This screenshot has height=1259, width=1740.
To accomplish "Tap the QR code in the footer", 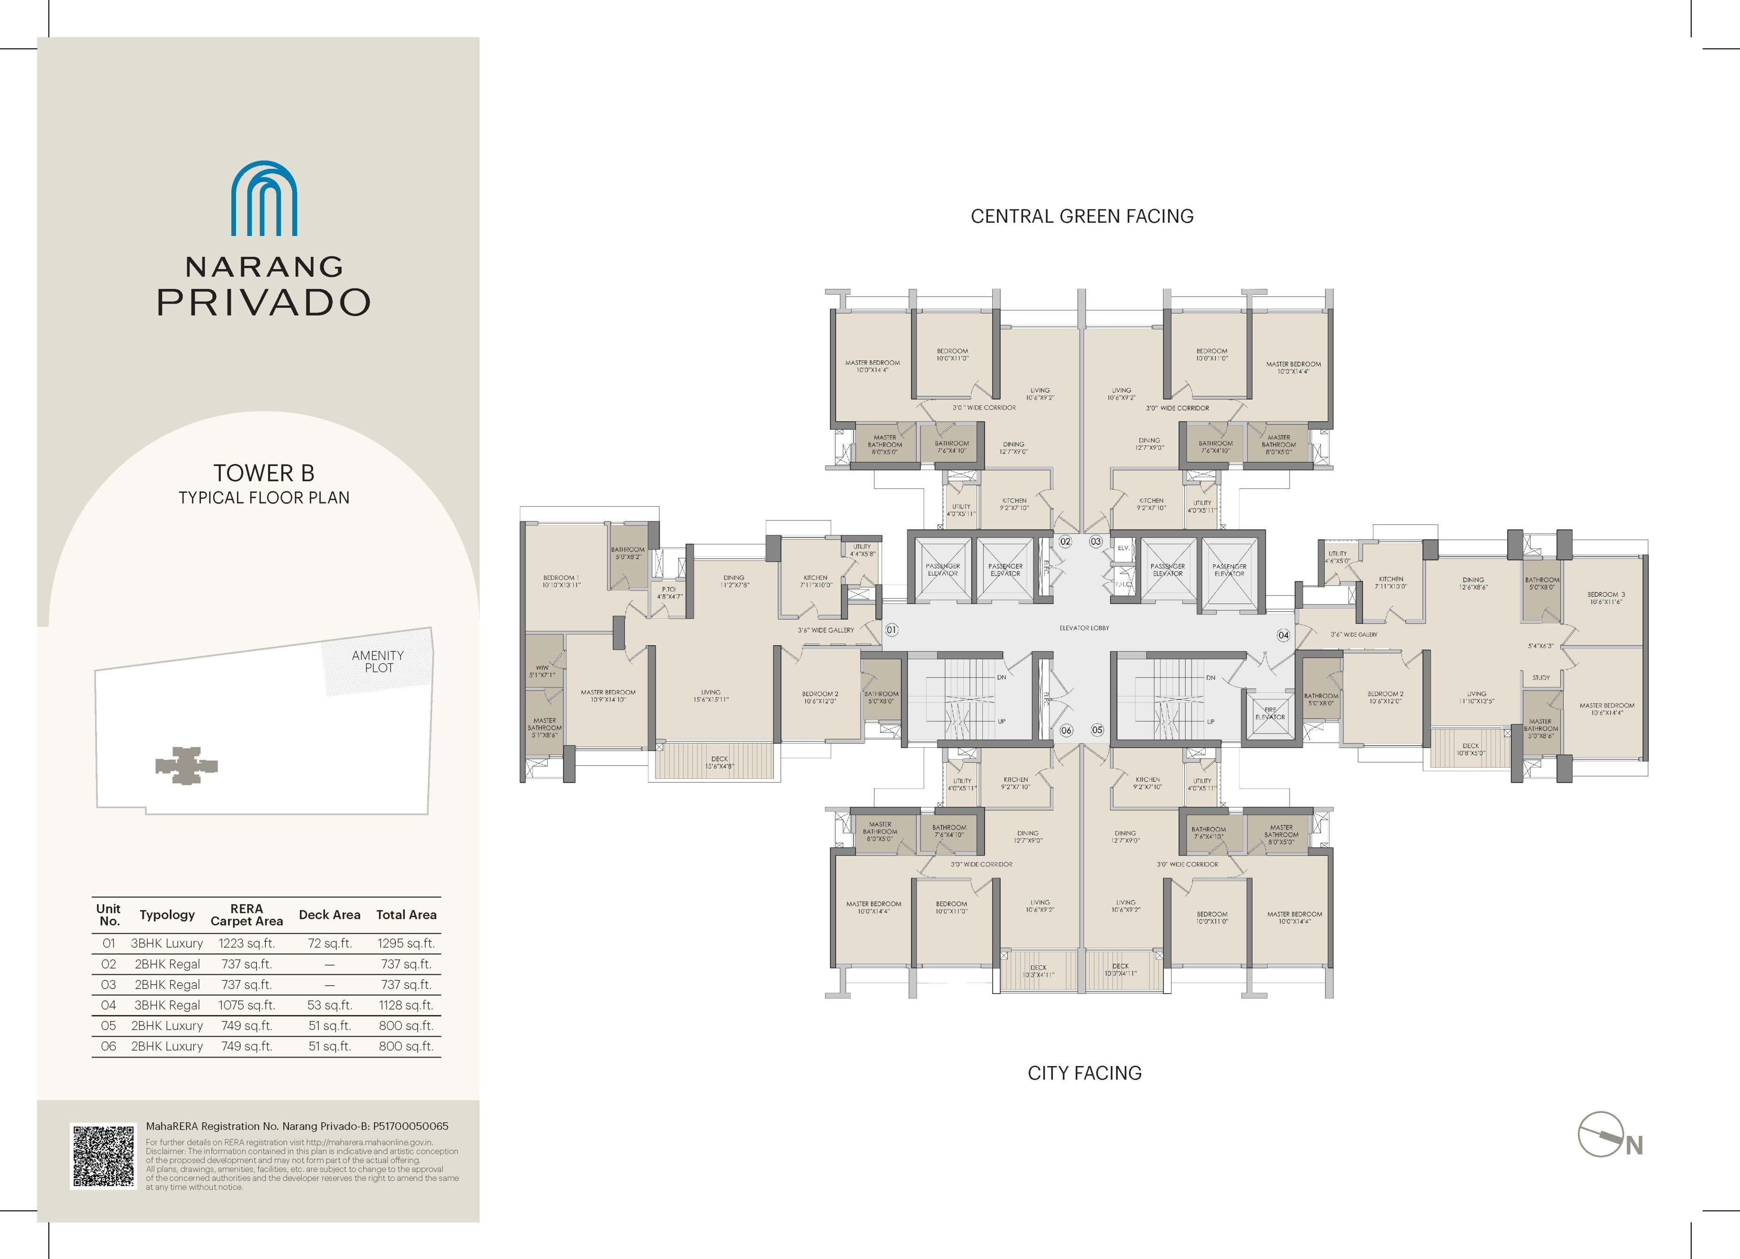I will pos(104,1156).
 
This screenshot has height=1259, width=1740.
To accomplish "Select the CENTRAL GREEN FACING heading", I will pos(1082,216).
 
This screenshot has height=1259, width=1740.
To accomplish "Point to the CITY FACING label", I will pos(1084,1073).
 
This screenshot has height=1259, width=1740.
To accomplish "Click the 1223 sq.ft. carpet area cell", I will pos(246,943).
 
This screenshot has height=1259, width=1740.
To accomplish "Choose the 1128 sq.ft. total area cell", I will pos(406,1005).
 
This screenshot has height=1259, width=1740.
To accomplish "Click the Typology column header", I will pos(167,915).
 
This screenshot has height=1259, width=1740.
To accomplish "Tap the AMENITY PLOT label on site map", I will pos(377,661).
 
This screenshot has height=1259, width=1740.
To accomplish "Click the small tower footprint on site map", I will pos(186,765).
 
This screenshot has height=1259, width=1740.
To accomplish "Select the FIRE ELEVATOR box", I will pos(1270,714).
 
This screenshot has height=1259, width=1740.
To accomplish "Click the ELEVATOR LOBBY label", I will pos(1084,628).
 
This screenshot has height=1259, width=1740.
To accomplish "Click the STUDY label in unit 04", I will pos(1540,677).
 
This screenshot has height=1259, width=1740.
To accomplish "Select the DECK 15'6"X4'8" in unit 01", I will pos(719,762).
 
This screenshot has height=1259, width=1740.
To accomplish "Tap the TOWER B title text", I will pos(264,472).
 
